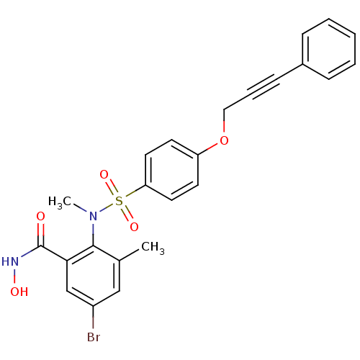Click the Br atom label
tap(94, 337)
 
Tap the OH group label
tap(19, 292)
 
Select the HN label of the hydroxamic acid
tap(10, 261)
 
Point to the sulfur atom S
tap(119, 201)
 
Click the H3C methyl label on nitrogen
tap(60, 202)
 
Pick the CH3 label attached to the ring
tap(153, 248)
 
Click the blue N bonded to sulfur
tap(93, 216)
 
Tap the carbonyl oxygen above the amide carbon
tap(40, 216)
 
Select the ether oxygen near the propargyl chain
tap(224, 140)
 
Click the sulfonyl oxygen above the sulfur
tap(104, 175)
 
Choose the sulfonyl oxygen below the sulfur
tap(134, 227)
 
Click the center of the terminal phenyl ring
tap(329, 49)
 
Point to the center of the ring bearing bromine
tap(93, 276)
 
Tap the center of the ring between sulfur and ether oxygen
tap(171, 170)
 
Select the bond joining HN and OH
tap(14, 276)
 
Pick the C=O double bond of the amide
tap(40, 235)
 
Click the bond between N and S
tap(106, 208)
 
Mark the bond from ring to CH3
tap(129, 255)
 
